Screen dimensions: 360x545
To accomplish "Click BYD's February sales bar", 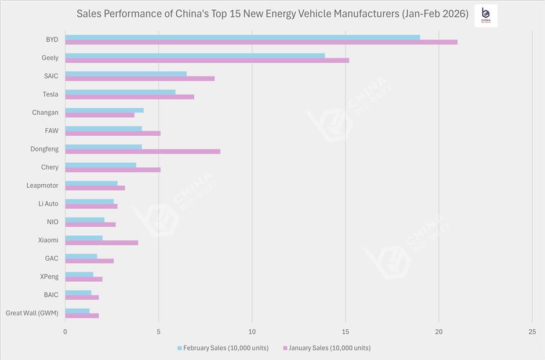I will (x=242, y=37).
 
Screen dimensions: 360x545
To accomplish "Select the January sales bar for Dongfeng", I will (x=143, y=151).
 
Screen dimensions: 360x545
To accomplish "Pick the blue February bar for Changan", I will (x=104, y=110).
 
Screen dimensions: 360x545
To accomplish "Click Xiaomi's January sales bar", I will (x=101, y=242).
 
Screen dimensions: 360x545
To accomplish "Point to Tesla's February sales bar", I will (x=120, y=92).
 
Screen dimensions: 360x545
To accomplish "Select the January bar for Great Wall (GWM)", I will (x=82, y=315).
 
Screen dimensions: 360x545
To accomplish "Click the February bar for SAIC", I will (x=126, y=74).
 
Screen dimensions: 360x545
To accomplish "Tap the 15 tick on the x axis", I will (x=346, y=332).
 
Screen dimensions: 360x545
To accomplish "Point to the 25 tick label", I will (x=532, y=332).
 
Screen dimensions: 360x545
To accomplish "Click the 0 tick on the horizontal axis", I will (x=65, y=332).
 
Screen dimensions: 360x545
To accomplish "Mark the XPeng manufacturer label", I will (x=49, y=277).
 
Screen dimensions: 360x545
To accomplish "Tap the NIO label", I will (x=53, y=222).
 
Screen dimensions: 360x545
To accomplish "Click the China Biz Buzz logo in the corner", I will (x=485, y=16).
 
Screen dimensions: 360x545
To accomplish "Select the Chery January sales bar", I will (x=112, y=170).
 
